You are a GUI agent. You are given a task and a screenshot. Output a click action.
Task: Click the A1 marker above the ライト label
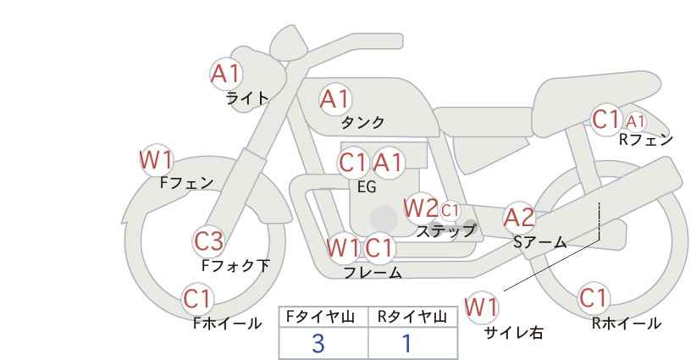click(x=226, y=74)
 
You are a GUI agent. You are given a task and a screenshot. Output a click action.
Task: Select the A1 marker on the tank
click(x=335, y=99)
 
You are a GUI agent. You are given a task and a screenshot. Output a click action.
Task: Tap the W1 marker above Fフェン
click(x=157, y=160)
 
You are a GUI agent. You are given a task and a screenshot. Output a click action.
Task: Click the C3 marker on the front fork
click(x=209, y=242)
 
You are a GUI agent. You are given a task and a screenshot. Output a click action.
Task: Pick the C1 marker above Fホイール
click(x=197, y=299)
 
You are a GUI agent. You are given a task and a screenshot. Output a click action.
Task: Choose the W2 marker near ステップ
click(x=420, y=208)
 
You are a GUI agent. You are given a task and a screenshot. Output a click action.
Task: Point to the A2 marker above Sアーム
click(x=519, y=218)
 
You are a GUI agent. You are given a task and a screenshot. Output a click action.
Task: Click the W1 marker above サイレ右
click(x=481, y=307)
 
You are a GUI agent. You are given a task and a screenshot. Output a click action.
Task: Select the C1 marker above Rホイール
click(x=594, y=298)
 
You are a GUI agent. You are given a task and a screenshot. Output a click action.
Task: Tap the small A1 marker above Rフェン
click(x=636, y=121)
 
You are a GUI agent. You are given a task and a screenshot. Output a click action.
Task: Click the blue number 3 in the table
click(x=318, y=343)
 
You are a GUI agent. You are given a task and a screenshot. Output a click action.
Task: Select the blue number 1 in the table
click(x=406, y=343)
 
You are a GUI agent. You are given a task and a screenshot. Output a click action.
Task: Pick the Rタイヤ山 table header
click(x=412, y=317)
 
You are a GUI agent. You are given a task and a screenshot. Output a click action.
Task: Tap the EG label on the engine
click(x=367, y=187)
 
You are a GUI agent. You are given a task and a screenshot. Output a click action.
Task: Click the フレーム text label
click(x=373, y=273)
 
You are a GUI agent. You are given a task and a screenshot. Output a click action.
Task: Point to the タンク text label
click(x=362, y=122)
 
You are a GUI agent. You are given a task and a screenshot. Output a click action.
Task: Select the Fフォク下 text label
click(x=235, y=265)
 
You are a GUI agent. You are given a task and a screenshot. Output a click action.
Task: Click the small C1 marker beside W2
click(x=450, y=210)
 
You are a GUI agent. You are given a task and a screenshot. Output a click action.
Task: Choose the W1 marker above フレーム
click(x=343, y=247)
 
